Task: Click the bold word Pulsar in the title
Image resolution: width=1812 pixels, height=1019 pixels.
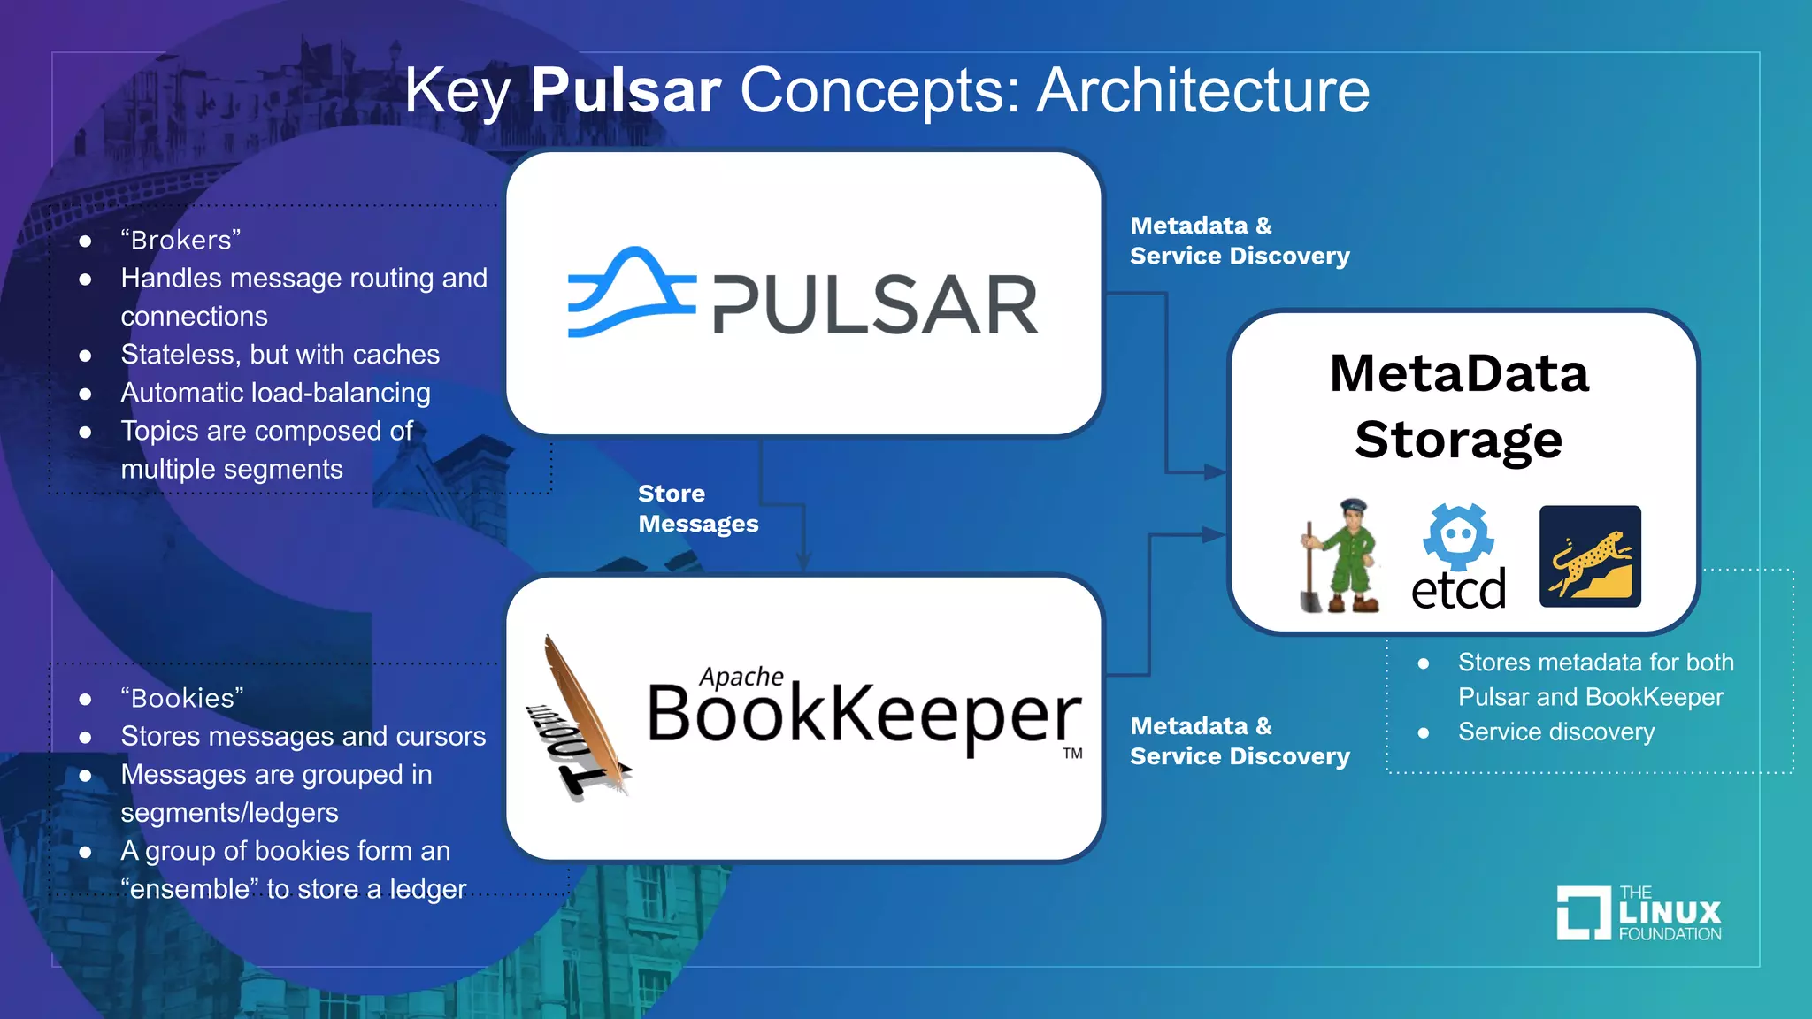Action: point(626,90)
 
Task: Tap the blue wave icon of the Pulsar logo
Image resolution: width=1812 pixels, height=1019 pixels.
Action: point(630,293)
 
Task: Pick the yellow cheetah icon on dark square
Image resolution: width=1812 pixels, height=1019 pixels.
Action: point(1590,556)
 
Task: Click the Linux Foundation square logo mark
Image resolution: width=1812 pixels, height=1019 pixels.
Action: point(1583,912)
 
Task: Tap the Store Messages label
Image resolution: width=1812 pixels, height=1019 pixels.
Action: point(698,509)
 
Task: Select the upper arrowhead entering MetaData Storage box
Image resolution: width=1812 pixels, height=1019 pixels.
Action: point(1214,472)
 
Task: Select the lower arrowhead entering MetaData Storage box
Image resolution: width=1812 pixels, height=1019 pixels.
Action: point(1214,534)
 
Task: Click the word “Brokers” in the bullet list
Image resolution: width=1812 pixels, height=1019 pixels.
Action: point(180,240)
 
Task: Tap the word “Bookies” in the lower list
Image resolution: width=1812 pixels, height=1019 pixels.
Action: point(182,698)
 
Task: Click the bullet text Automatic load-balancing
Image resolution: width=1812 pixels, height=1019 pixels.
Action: point(275,393)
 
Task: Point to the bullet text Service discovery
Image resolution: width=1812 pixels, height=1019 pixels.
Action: point(1555,732)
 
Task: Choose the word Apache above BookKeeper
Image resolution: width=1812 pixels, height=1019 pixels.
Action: point(741,677)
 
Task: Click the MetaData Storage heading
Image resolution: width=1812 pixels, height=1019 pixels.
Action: point(1459,406)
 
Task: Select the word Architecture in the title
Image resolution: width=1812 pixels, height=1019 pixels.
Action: point(1203,90)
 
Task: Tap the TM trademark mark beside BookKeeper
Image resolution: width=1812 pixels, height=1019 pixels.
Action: point(1072,754)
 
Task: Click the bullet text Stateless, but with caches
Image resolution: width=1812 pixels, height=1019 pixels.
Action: point(280,355)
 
